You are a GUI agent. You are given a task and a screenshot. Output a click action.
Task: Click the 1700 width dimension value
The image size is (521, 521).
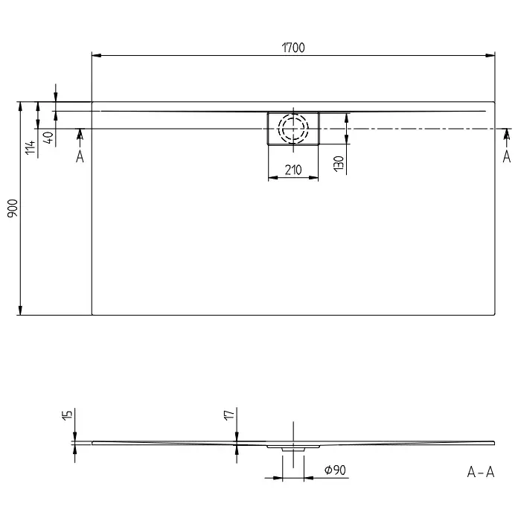[293, 48]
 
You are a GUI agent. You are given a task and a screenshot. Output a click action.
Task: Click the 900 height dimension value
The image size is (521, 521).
[13, 208]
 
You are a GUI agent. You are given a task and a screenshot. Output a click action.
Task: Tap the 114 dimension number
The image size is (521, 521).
[31, 147]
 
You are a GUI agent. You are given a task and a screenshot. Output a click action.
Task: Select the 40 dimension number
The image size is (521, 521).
[48, 137]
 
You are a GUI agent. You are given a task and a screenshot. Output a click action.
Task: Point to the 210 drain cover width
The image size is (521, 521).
[293, 170]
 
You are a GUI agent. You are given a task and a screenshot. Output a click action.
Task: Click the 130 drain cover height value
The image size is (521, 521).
[339, 164]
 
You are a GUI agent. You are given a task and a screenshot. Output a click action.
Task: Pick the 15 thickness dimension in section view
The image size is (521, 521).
[67, 415]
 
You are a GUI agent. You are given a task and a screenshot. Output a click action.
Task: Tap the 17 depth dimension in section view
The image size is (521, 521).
[229, 415]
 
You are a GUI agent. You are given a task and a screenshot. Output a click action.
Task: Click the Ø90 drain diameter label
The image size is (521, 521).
[335, 470]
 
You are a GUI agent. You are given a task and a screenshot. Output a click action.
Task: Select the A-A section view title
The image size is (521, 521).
[481, 472]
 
